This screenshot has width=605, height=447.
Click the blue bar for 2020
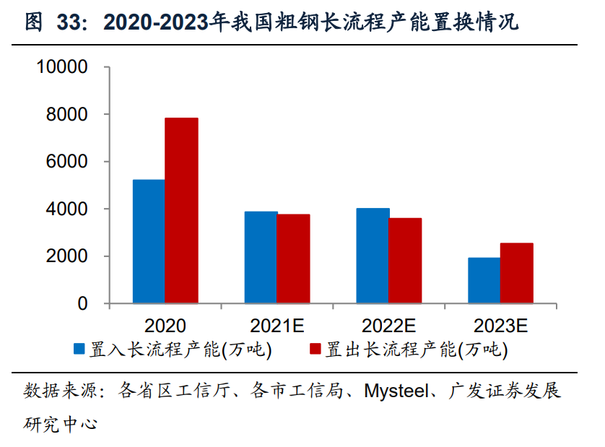(149, 241)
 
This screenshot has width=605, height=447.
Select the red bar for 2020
(181, 210)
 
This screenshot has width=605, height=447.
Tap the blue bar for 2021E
(261, 257)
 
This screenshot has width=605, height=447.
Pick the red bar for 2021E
(293, 259)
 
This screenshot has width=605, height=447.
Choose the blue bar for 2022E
(373, 256)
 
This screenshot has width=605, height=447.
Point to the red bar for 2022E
(405, 261)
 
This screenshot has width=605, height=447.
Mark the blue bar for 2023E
(484, 280)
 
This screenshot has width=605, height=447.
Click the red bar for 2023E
(516, 273)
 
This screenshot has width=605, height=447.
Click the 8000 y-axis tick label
(67, 115)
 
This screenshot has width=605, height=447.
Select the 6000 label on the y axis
(67, 162)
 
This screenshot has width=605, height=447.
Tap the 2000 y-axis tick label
(67, 256)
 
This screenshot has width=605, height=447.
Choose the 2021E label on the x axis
(277, 326)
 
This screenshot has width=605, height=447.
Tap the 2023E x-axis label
(500, 326)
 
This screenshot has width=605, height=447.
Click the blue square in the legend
(79, 350)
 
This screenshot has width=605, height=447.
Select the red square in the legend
(315, 350)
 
